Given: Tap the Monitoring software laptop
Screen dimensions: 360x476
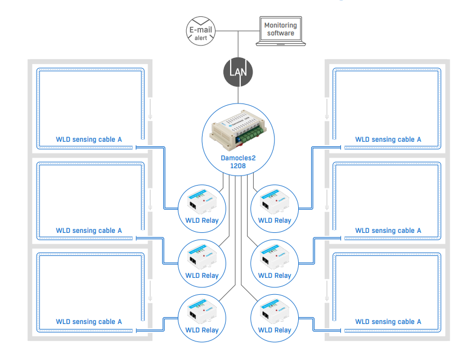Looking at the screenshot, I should click(280, 31).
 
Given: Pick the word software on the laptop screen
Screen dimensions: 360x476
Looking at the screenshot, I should click(280, 34).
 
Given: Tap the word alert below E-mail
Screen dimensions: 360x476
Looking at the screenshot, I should click(200, 38).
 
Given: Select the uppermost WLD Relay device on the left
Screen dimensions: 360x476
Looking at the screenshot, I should click(201, 201).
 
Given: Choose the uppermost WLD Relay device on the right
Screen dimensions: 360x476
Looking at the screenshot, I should click(274, 201).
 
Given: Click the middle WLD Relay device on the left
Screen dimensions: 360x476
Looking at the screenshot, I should click(201, 256).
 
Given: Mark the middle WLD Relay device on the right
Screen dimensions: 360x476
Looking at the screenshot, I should click(274, 256).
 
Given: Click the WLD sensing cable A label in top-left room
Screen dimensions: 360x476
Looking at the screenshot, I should click(89, 139).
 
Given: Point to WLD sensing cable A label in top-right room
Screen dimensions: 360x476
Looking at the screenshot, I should click(388, 139).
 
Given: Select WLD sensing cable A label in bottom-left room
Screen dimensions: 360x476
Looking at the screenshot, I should click(89, 322).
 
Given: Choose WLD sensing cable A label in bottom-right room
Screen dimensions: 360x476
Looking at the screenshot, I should click(388, 322).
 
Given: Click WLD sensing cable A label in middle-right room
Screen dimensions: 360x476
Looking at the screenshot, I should click(388, 231).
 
